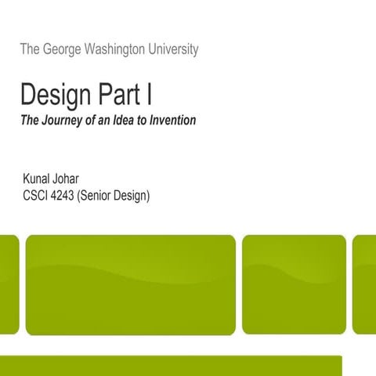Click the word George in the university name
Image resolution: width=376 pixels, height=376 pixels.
point(63,49)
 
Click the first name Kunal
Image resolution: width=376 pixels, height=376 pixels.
point(37,179)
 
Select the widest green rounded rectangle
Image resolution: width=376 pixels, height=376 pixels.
point(130,284)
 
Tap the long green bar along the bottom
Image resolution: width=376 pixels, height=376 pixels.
point(171,366)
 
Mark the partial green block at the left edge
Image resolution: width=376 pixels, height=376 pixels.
point(9,284)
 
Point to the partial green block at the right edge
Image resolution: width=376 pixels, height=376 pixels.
point(365,284)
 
